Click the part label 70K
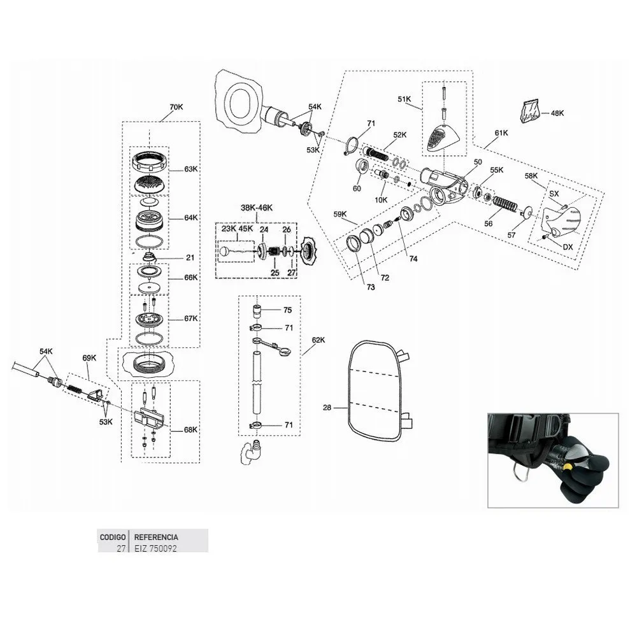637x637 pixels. (x=176, y=107)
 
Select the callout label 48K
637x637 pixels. (x=557, y=113)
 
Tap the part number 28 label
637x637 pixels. (x=327, y=408)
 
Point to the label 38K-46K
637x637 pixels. (x=257, y=208)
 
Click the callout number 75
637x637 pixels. (x=288, y=310)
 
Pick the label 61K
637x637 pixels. (x=501, y=133)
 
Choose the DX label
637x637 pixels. (x=568, y=247)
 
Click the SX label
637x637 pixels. (x=554, y=194)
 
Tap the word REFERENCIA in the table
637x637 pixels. (x=156, y=537)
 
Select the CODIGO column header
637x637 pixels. (x=113, y=537)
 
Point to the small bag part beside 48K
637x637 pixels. (x=529, y=110)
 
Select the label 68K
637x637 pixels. (x=190, y=430)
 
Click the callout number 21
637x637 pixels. (x=190, y=257)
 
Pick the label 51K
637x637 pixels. (x=404, y=99)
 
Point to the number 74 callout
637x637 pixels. (x=413, y=259)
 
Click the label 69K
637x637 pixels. (x=89, y=358)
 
